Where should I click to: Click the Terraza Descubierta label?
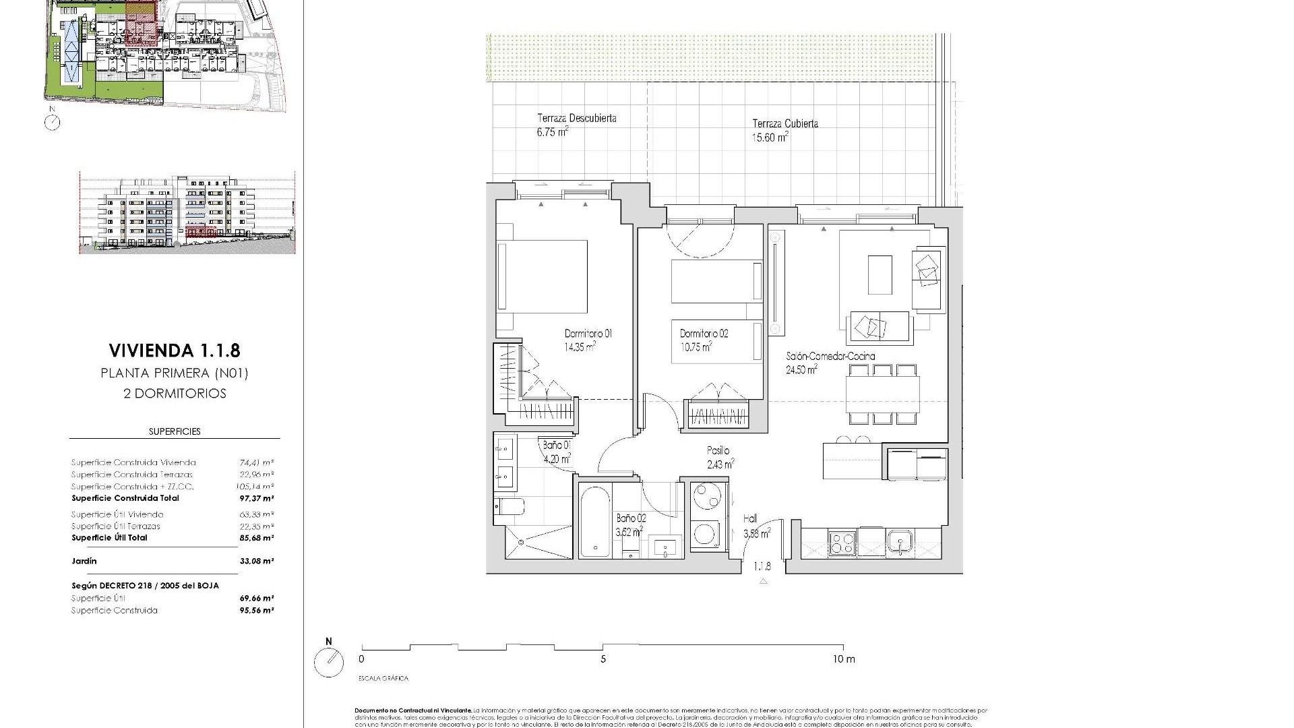click(576, 118)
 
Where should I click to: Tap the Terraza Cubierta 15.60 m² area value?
click(770, 138)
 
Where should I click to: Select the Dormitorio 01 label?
click(588, 334)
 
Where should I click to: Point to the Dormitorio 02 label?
click(704, 334)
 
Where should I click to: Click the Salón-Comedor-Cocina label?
click(830, 356)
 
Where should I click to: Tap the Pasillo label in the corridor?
click(718, 450)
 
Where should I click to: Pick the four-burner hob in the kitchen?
click(842, 542)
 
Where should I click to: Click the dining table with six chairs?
click(883, 394)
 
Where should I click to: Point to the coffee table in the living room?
click(880, 274)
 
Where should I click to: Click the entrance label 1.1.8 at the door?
click(762, 567)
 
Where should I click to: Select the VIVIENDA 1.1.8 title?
click(174, 351)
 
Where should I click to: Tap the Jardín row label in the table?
click(84, 561)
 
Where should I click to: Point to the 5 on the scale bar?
click(603, 659)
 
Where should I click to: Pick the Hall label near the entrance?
click(750, 518)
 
